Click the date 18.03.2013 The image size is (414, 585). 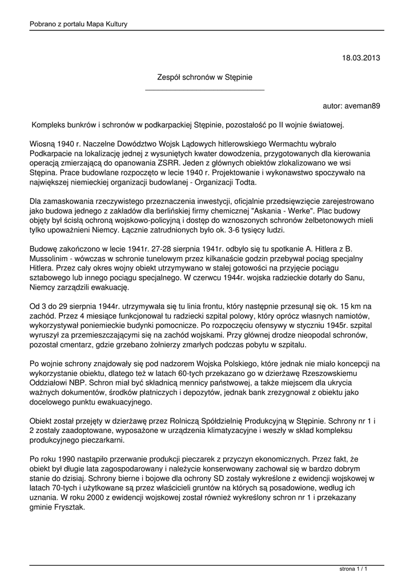click(x=361, y=58)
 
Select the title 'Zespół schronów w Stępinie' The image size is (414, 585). click(x=204, y=77)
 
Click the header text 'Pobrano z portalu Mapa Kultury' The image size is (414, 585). click(x=79, y=24)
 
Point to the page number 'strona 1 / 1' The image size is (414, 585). click(x=353, y=569)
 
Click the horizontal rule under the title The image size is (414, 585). click(x=204, y=90)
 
